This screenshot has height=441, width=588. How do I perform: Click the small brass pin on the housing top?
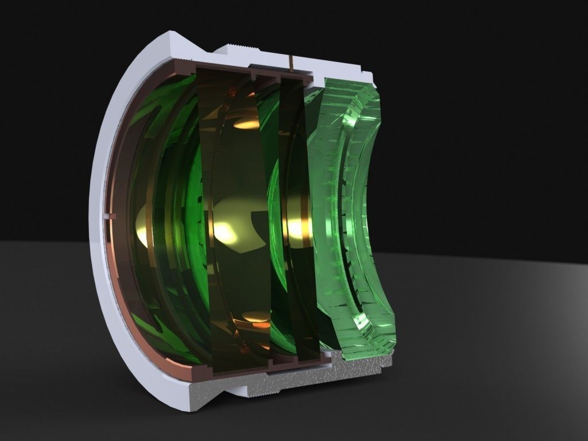click(x=292, y=64)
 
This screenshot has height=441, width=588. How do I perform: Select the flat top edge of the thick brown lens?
click(x=224, y=71)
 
